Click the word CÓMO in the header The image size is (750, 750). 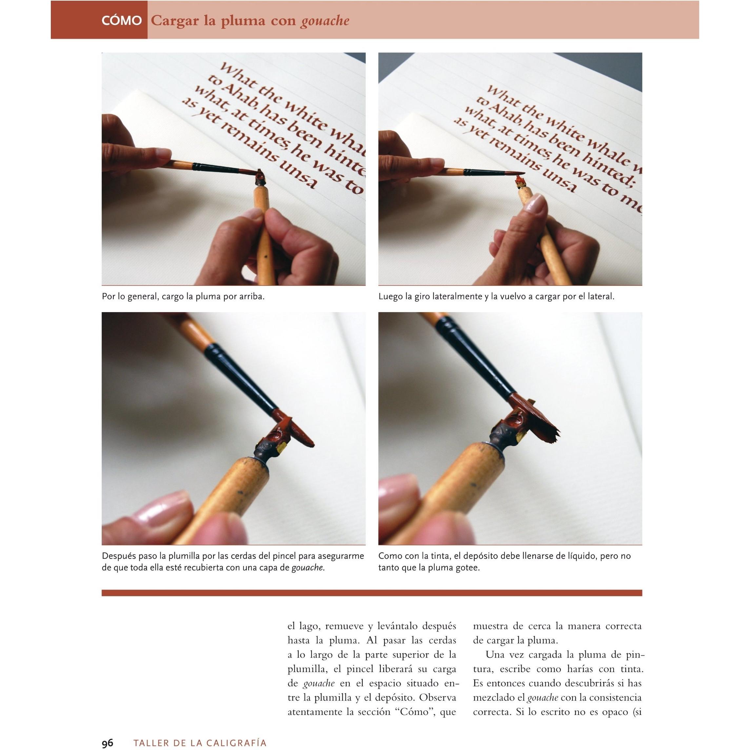coord(122,21)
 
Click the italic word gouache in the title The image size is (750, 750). coord(325,21)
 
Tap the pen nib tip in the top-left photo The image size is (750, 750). coord(260,172)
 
